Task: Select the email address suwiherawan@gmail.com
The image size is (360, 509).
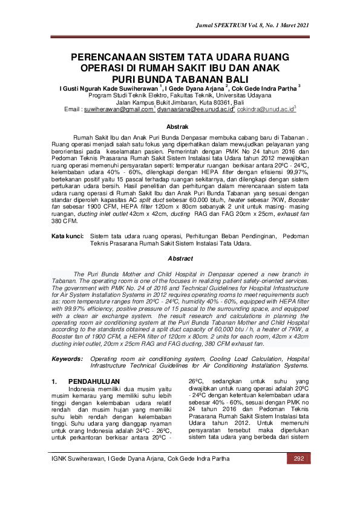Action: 118,110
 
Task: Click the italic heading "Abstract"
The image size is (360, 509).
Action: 180,258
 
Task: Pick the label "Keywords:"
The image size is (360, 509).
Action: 67,358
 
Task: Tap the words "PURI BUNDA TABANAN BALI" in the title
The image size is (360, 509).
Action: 180,79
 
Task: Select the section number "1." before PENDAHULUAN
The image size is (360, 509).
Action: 55,381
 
